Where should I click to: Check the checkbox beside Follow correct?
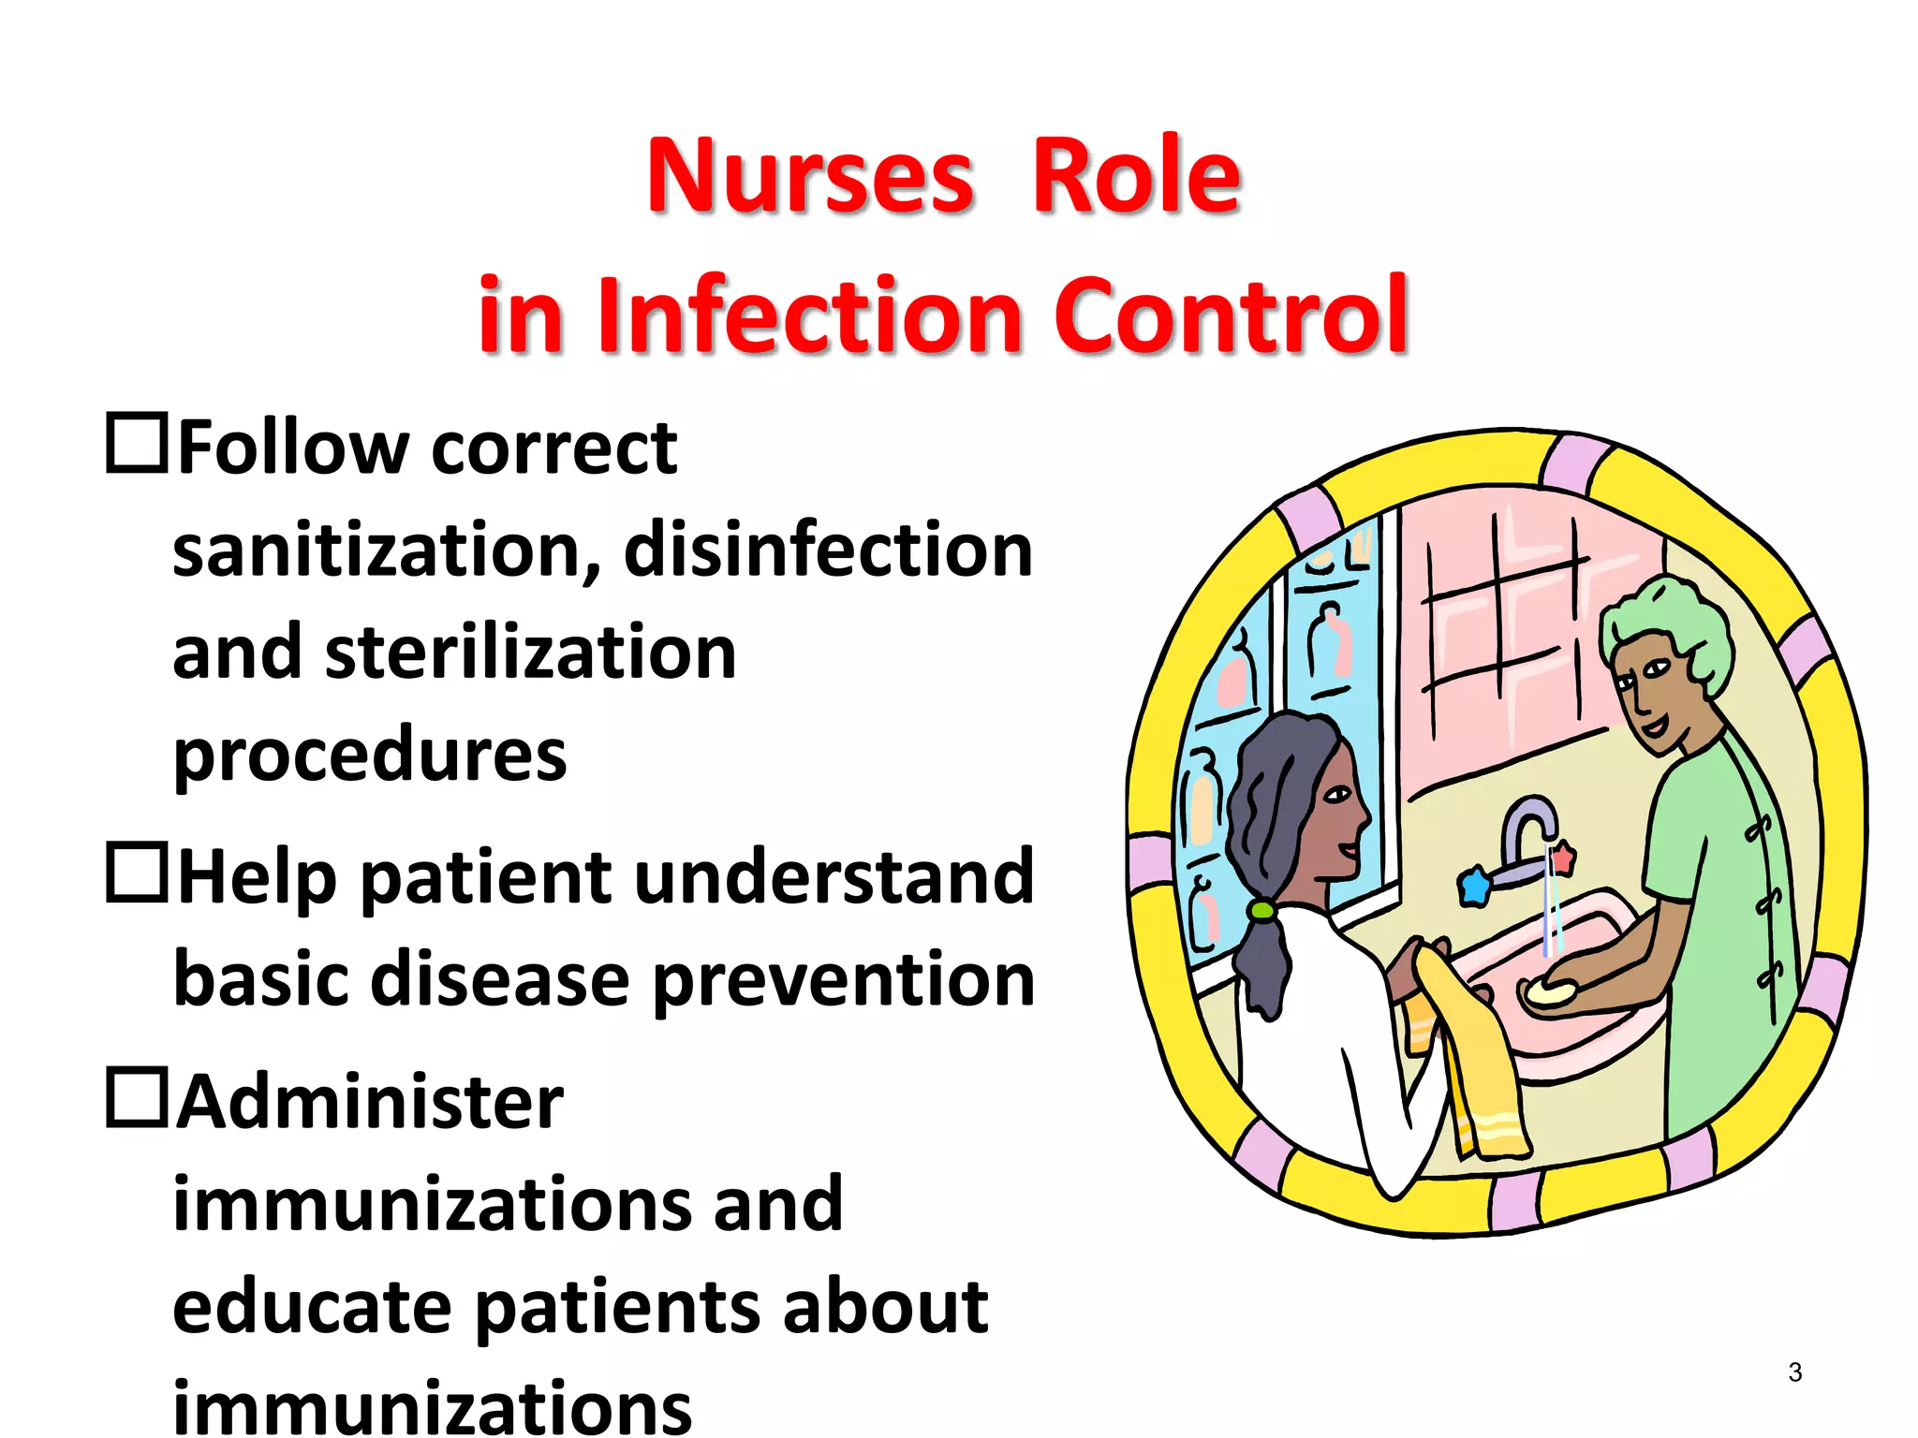pyautogui.click(x=137, y=443)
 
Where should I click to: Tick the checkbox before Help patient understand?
pyautogui.click(x=137, y=873)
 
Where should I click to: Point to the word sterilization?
pyautogui.click(x=530, y=653)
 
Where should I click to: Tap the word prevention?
pyautogui.click(x=843, y=979)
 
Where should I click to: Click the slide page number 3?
pyautogui.click(x=1794, y=1372)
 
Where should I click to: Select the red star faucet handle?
pyautogui.click(x=1563, y=858)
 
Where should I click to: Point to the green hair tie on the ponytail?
pyautogui.click(x=1261, y=909)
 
